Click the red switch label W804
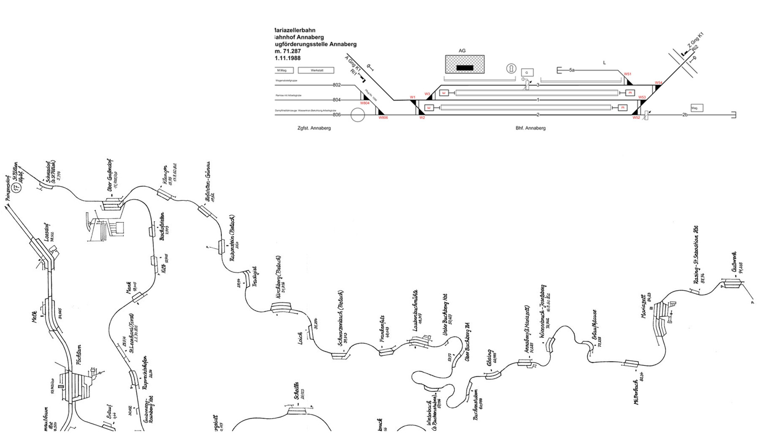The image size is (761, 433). coord(365,103)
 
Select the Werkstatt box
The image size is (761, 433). coord(316,70)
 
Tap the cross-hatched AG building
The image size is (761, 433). coord(465,64)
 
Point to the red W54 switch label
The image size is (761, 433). coord(658,83)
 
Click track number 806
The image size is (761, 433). coord(337,115)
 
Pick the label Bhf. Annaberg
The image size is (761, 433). coord(530,128)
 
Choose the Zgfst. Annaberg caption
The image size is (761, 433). coord(314,128)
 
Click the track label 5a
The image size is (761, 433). coord(572,70)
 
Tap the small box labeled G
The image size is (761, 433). coord(527,73)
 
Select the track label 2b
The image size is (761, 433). coord(684,115)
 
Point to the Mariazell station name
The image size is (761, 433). coord(643,306)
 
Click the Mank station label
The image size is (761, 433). coord(128,288)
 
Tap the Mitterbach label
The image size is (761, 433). coord(635,392)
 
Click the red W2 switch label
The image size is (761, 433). coord(422,118)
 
